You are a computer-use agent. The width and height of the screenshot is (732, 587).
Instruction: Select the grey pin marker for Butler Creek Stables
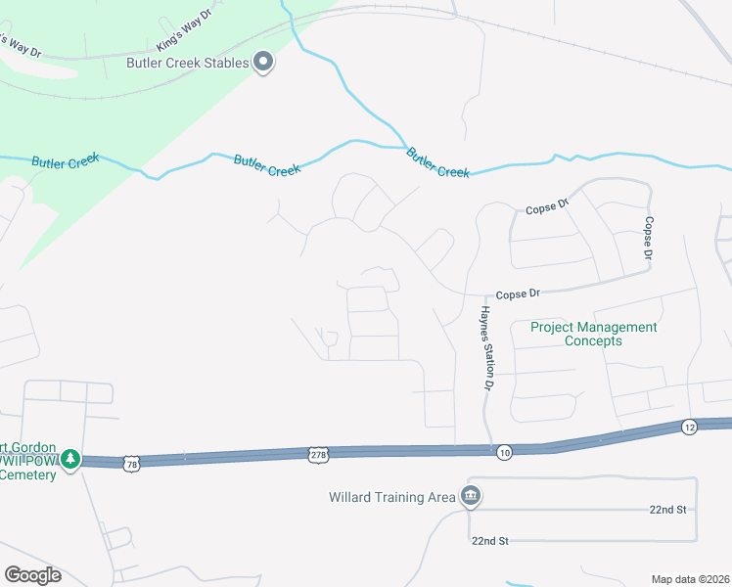tap(263, 63)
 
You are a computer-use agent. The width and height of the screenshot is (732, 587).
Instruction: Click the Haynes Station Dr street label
tap(484, 347)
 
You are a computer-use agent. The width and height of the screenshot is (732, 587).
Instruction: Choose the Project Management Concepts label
tap(594, 334)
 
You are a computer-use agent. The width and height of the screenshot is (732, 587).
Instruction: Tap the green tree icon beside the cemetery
tap(69, 458)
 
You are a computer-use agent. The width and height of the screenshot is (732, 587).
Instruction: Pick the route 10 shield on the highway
tap(504, 450)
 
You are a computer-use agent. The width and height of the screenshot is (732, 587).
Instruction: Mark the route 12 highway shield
tap(690, 427)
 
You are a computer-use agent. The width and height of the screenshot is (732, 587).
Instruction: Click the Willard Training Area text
tap(391, 497)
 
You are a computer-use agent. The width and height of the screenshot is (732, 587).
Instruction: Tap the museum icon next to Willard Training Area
tap(472, 495)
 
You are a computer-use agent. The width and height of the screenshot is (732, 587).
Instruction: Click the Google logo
tap(32, 575)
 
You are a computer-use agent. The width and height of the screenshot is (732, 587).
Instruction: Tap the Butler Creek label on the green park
tap(66, 162)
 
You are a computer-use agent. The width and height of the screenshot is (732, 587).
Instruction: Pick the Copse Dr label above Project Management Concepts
tap(518, 293)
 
